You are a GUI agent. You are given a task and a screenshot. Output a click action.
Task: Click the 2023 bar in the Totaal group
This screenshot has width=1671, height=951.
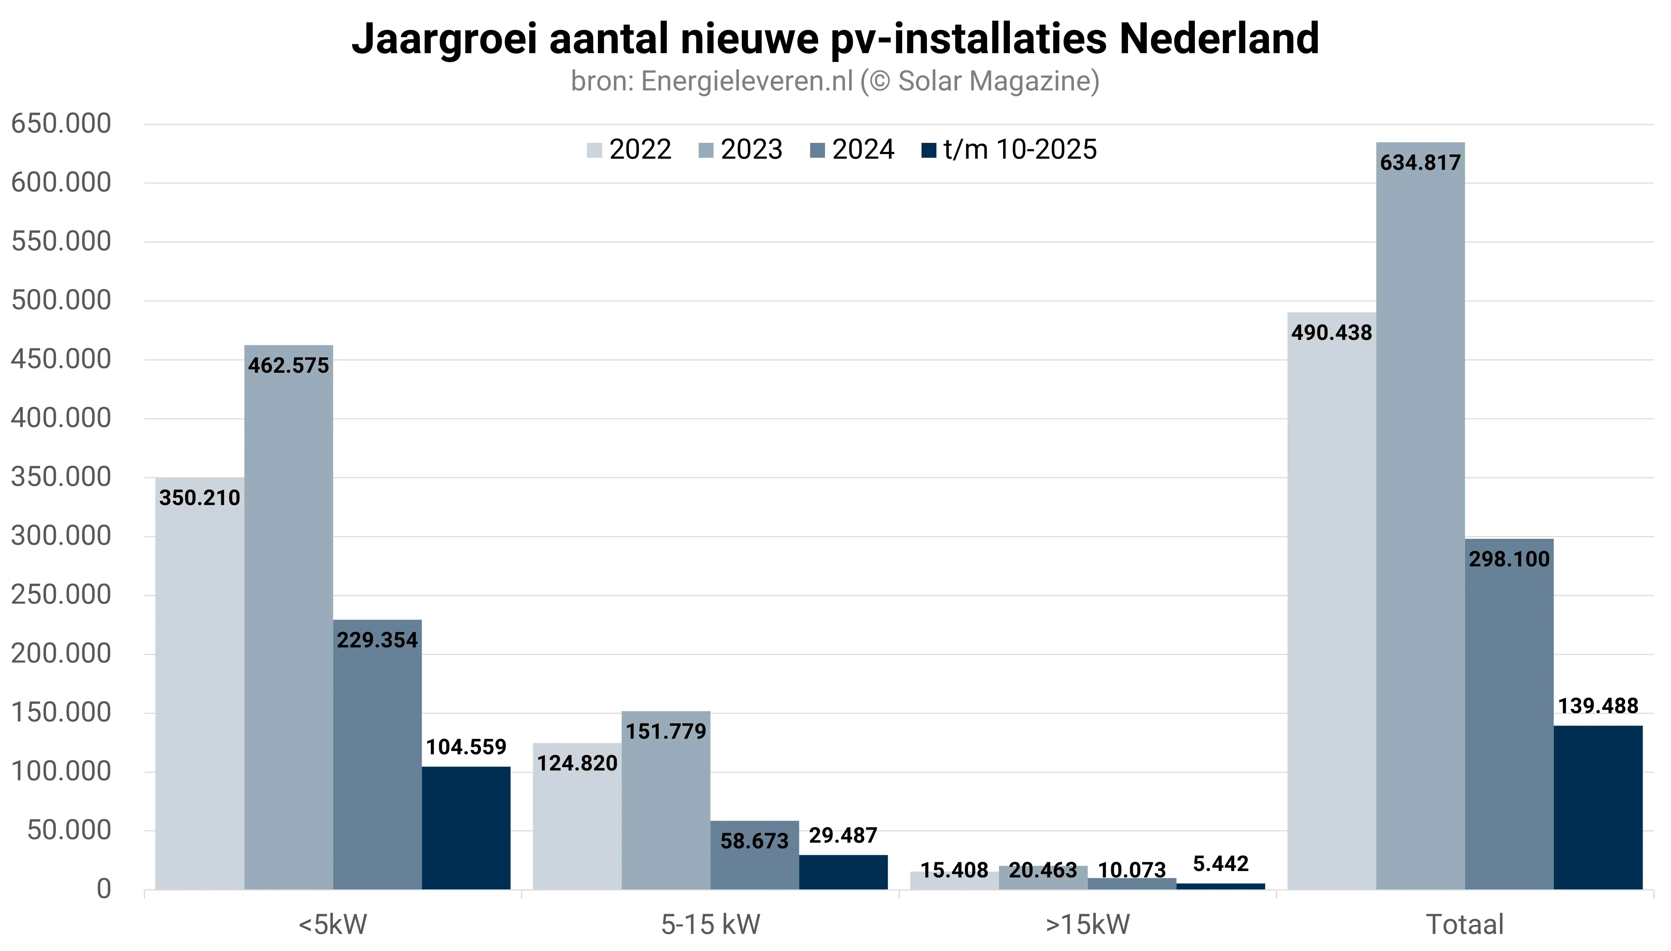coord(1420,522)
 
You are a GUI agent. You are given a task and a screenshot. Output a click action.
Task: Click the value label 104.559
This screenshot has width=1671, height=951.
coord(466,747)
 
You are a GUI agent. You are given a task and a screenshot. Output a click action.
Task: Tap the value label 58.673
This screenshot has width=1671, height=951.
coord(755,841)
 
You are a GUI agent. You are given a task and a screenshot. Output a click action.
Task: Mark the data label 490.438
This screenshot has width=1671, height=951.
coord(1331,332)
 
